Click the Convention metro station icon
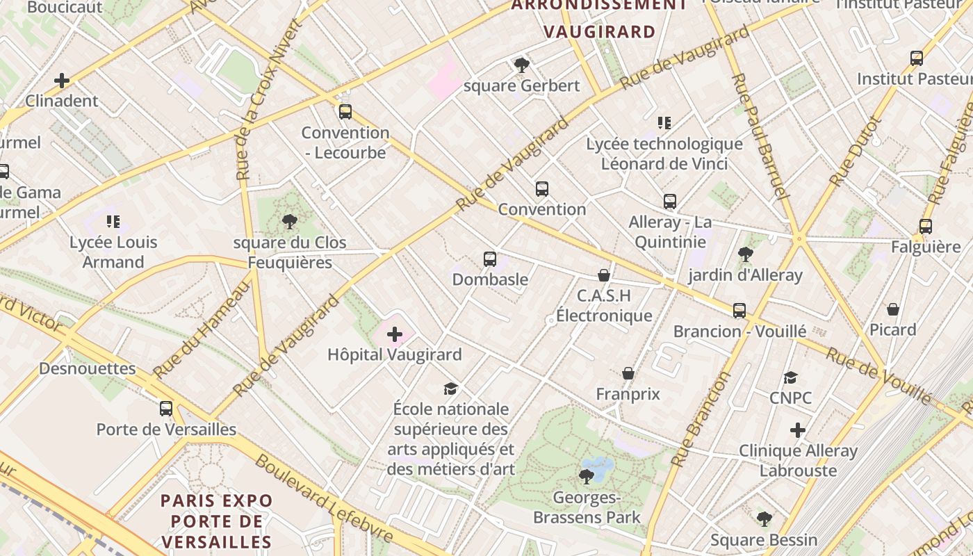coord(542,188)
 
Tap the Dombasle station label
coord(490,279)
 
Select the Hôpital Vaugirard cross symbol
coord(395,335)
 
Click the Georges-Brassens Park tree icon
coord(587,476)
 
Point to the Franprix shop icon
coord(628,374)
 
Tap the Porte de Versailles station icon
coord(165,409)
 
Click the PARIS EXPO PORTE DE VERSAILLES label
coord(217,521)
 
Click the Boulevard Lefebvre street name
coord(324,499)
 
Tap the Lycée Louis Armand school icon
coord(113,222)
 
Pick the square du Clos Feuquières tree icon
coord(289,222)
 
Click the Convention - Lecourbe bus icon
coord(345,112)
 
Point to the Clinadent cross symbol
coord(62,81)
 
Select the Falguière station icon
coord(925,226)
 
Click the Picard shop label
coord(893,329)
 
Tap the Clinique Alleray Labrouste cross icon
coord(798,430)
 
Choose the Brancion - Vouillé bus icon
coord(739,311)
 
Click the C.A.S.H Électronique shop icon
coord(604,276)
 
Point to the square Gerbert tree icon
coord(521,65)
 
